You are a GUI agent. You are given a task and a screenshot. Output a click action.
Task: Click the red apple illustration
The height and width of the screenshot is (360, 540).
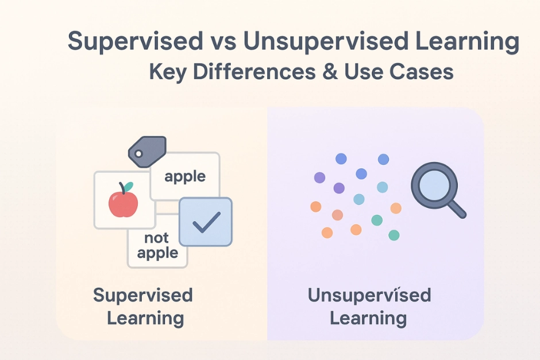[x=124, y=203]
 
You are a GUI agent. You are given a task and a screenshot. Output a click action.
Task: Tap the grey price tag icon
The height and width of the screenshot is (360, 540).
[x=148, y=152]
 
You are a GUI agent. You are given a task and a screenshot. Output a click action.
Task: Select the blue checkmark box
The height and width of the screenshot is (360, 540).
[x=206, y=222]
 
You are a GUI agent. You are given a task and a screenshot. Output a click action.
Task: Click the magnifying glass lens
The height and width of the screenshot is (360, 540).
[x=434, y=185]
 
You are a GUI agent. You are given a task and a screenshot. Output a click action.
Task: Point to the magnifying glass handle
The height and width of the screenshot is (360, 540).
[x=457, y=209]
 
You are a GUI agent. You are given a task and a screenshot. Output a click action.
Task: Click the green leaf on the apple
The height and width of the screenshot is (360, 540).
[x=129, y=187]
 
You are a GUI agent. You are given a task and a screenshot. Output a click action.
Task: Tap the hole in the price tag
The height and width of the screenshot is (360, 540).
[x=138, y=153]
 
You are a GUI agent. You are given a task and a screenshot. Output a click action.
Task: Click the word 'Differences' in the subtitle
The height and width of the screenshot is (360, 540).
[x=254, y=72]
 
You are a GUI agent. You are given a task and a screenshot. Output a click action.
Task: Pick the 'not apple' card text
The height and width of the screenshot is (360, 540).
[x=157, y=245]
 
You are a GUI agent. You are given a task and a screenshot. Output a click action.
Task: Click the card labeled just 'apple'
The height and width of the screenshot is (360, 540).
[x=185, y=176]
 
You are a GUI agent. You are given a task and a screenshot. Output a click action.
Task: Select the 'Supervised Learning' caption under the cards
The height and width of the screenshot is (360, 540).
[x=143, y=306]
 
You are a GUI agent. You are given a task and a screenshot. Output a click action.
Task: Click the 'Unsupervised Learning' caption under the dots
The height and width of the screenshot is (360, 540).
[x=369, y=306]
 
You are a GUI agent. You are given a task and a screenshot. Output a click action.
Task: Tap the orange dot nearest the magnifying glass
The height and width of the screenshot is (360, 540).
[x=396, y=208]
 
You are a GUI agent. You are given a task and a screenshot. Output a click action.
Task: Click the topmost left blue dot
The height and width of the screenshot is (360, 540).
[x=341, y=158]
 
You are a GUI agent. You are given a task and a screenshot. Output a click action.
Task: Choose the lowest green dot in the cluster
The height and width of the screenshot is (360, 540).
[x=394, y=235]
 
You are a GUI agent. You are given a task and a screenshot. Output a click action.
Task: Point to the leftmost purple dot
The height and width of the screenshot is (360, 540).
[x=319, y=177]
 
